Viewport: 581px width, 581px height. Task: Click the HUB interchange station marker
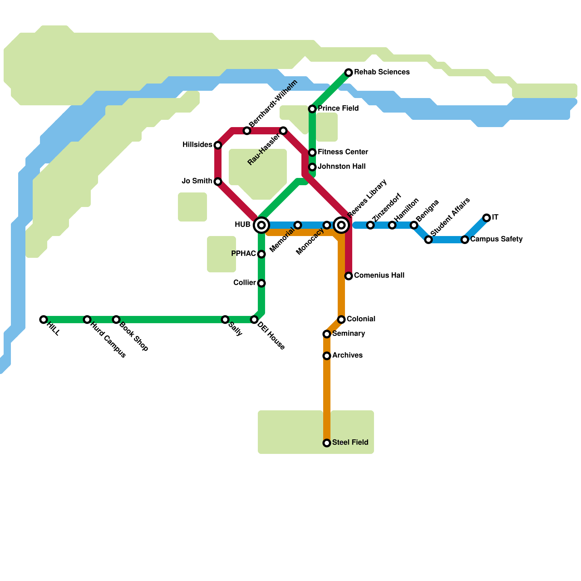point(261,225)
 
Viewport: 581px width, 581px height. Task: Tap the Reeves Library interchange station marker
point(341,225)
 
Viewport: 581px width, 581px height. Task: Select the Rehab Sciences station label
point(382,72)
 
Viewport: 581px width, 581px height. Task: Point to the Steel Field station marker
point(327,443)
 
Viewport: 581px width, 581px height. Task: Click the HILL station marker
point(44,320)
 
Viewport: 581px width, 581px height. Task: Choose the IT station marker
point(487,218)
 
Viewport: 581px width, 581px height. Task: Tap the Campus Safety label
point(496,239)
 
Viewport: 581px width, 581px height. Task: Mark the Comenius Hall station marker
point(349,276)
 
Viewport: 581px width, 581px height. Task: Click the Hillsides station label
point(197,145)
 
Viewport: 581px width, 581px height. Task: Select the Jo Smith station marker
point(218,182)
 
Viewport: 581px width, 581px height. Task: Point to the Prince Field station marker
point(312,109)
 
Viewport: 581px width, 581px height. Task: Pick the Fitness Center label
point(343,152)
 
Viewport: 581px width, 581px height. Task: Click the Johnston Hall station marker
point(312,167)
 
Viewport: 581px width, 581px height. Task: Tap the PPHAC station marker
point(261,254)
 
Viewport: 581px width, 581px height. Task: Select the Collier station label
point(244,283)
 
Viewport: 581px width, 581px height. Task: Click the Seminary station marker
point(327,334)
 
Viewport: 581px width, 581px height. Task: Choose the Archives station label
point(347,355)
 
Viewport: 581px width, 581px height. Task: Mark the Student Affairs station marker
point(428,240)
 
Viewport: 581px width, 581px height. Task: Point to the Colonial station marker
point(341,320)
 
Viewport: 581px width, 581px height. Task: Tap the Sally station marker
point(225,320)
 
